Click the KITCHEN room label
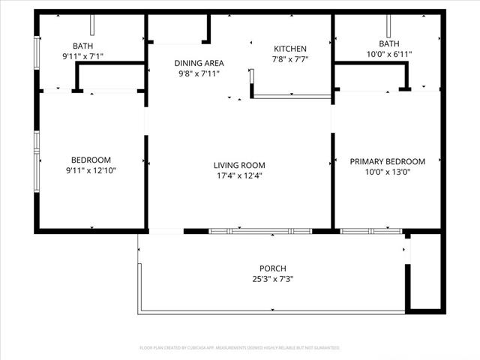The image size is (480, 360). pyautogui.click(x=290, y=49)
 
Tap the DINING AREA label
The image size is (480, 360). pyautogui.click(x=199, y=64)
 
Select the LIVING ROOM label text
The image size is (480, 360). pyautogui.click(x=239, y=166)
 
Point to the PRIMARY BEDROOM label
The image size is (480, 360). pyautogui.click(x=388, y=161)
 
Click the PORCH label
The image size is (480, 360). pyautogui.click(x=272, y=268)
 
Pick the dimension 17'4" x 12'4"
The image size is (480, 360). pyautogui.click(x=239, y=176)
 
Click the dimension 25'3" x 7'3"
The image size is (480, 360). pyautogui.click(x=272, y=279)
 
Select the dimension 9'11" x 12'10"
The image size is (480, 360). pyautogui.click(x=91, y=170)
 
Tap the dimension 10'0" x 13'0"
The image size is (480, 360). pyautogui.click(x=388, y=172)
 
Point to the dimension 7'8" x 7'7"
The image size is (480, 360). pyautogui.click(x=290, y=59)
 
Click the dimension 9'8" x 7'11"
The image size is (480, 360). pyautogui.click(x=199, y=74)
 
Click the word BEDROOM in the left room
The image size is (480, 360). pyautogui.click(x=91, y=160)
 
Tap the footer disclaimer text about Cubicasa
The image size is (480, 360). pyautogui.click(x=240, y=348)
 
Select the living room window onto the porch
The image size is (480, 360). pyautogui.click(x=259, y=231)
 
